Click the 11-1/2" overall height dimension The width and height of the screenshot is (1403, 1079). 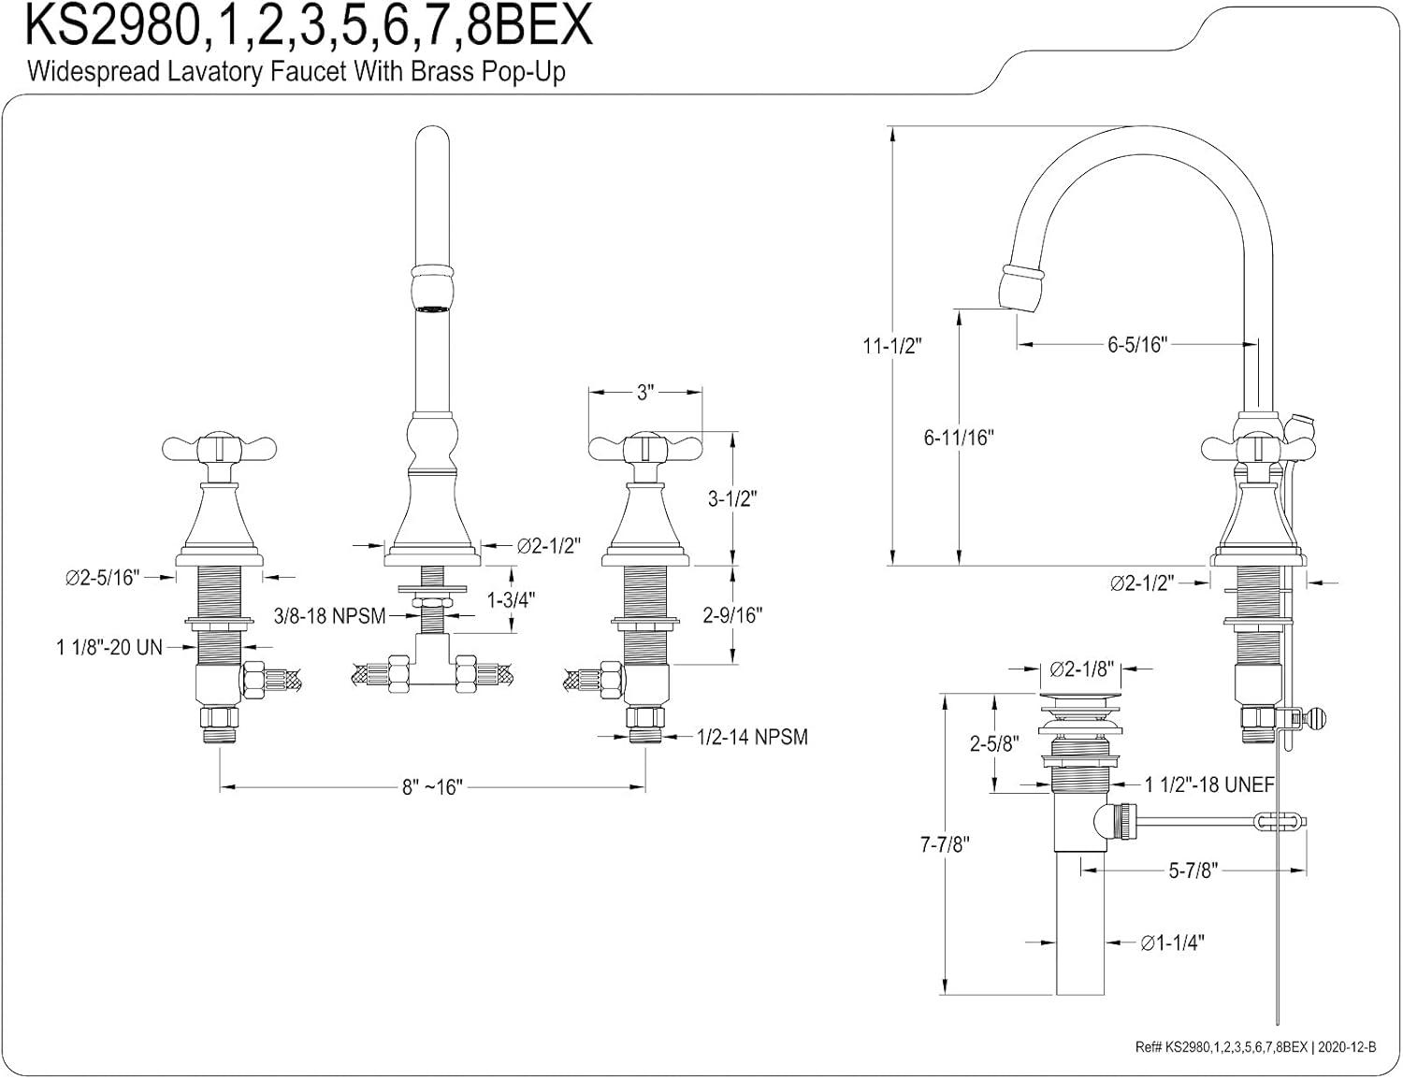(891, 346)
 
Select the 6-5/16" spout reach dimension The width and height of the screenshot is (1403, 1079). (1137, 345)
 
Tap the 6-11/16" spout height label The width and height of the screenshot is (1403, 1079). (959, 437)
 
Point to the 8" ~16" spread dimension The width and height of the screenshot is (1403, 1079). (432, 787)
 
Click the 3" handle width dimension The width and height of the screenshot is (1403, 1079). (644, 393)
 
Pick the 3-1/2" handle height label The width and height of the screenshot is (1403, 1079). (732, 498)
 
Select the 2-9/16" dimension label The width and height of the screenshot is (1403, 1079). (732, 615)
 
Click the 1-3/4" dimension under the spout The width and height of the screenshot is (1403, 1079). (512, 598)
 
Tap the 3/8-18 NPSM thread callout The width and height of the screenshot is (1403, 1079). (329, 616)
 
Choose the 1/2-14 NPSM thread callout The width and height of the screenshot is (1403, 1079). (752, 737)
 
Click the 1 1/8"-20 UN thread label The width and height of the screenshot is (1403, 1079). (108, 647)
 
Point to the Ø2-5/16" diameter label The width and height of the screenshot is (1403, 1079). (102, 578)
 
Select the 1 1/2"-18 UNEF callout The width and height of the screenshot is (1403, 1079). (1209, 784)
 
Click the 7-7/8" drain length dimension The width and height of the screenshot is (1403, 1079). (945, 845)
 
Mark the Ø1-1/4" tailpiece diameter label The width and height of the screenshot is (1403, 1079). (1172, 943)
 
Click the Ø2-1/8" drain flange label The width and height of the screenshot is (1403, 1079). (1081, 669)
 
